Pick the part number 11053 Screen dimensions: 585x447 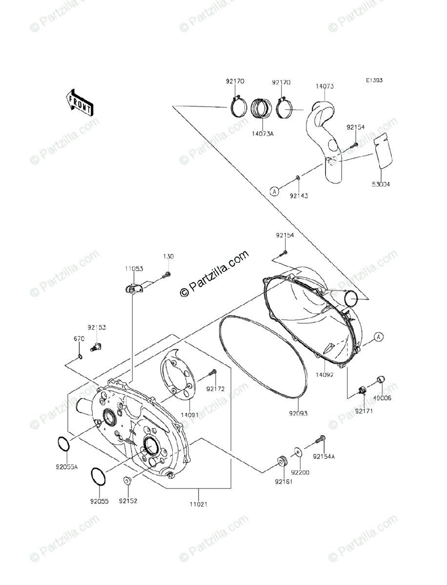133,269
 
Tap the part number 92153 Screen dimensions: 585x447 97,328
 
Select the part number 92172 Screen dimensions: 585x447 215,389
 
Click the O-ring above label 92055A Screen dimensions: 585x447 63,444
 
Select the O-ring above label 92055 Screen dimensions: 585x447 98,476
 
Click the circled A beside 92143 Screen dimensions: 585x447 276,192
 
